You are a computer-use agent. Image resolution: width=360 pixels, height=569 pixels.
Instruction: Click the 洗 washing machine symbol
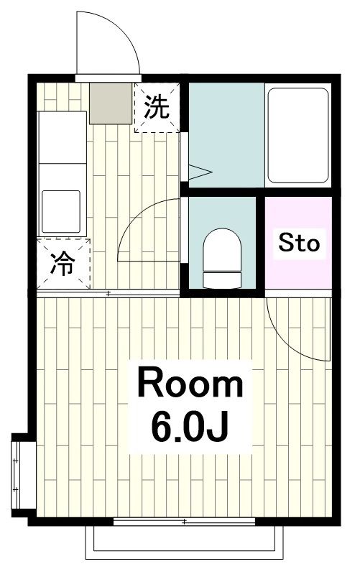pyautogui.click(x=156, y=108)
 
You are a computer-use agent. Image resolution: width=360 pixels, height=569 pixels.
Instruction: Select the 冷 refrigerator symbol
pyautogui.click(x=63, y=264)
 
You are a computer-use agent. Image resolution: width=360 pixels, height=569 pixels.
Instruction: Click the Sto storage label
pyautogui.click(x=298, y=243)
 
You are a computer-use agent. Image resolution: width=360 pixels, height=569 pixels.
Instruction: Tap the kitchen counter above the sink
pyautogui.click(x=61, y=137)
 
